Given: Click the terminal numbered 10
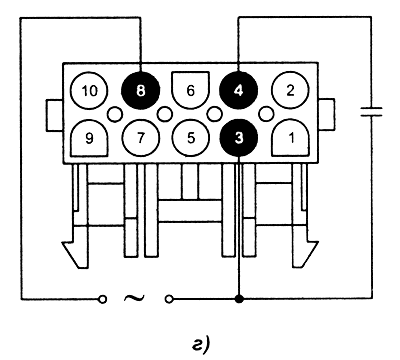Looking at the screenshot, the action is click(89, 90).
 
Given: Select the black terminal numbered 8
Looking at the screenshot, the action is click(140, 90).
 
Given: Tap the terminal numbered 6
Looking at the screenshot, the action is click(190, 90).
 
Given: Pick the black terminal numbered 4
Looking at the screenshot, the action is click(238, 90).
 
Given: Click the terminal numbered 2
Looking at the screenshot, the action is click(290, 90).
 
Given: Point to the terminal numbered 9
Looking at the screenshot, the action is click(89, 138).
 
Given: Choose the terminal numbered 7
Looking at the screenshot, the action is click(140, 138).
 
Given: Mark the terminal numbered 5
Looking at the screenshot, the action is click(190, 138).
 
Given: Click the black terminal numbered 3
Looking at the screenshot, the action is click(239, 138).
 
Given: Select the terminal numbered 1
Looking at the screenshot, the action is click(291, 138).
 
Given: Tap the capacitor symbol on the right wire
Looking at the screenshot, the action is click(371, 111).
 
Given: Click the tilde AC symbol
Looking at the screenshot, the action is click(134, 297).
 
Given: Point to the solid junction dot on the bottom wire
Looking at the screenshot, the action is click(239, 299).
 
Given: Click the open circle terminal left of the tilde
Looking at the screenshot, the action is click(103, 299).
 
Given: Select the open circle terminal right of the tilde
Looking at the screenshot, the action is click(169, 299).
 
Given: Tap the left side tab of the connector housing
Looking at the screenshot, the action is click(55, 115).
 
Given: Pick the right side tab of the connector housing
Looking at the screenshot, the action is click(326, 114).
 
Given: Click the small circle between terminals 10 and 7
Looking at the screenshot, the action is click(115, 114).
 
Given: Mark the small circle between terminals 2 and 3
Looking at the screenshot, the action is click(266, 114).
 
